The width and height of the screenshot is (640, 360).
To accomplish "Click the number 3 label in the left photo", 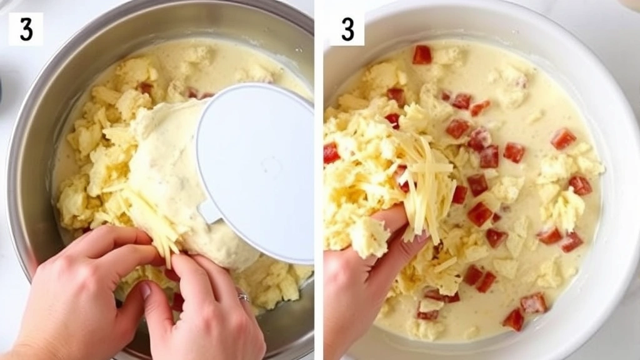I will tap(26, 29).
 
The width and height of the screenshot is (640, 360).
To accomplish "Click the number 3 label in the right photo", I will tap(347, 29).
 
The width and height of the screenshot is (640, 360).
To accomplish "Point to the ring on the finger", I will tap(243, 297).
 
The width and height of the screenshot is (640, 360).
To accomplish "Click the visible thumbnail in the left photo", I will tap(145, 290).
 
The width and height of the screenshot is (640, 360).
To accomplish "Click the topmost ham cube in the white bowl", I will tap(422, 54).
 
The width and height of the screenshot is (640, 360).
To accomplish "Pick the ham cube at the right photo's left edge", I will tap(331, 153).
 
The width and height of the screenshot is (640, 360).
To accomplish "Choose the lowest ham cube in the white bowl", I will tap(514, 319).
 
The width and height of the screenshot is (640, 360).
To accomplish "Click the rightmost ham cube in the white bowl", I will tap(580, 184).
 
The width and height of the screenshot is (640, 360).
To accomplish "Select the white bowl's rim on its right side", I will tap(616, 187).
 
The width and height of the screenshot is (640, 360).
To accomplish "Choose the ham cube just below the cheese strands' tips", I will tap(479, 214).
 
